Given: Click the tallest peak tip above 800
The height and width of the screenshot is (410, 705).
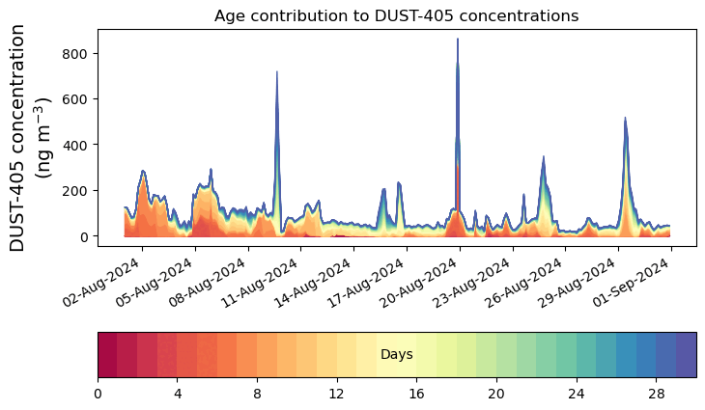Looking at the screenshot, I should point(458,40).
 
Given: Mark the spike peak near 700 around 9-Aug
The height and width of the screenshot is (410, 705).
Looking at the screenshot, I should point(277,72).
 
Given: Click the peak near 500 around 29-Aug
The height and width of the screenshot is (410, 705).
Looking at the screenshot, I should point(626,119).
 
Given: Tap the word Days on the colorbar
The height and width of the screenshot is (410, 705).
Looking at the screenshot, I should point(397,355).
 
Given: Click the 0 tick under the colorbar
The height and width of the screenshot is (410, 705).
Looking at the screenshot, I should point(98,394).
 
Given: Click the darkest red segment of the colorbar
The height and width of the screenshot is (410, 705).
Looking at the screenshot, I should point(107,354).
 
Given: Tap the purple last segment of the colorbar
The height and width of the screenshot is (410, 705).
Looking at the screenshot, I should point(686,354).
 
